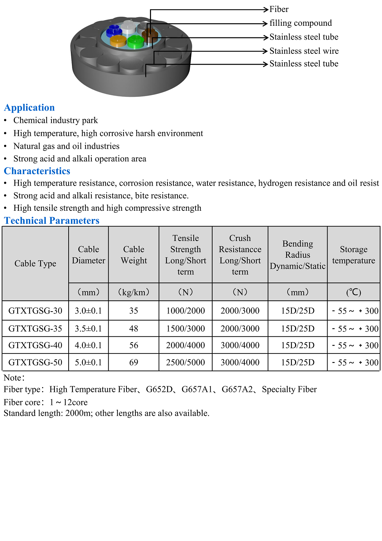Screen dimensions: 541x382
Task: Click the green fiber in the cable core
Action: pyautogui.click(x=135, y=41)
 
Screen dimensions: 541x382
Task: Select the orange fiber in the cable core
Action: pyautogui.click(x=118, y=40)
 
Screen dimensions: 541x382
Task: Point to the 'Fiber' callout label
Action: pyautogui.click(x=279, y=9)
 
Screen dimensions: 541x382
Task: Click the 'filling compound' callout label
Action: pyautogui.click(x=300, y=23)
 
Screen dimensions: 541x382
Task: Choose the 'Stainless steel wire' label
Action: pyautogui.click(x=304, y=51)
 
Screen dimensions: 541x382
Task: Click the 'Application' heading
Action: pyautogui.click(x=29, y=108)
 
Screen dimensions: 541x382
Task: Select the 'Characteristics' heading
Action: pyautogui.click(x=37, y=171)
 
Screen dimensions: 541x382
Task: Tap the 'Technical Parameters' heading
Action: pyautogui.click(x=52, y=220)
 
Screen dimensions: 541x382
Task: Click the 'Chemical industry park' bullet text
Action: pyautogui.click(x=56, y=120)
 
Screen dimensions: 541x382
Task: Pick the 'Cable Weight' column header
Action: pyautogui.click(x=134, y=255)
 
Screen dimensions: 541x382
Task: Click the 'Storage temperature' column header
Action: pyautogui.click(x=353, y=255)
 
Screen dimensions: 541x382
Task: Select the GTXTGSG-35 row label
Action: pyautogui.click(x=35, y=328)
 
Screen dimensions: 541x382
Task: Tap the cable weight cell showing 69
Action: pyautogui.click(x=134, y=362)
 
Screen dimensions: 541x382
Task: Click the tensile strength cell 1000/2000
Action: pyautogui.click(x=185, y=311)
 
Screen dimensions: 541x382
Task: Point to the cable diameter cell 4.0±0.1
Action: pyautogui.click(x=88, y=345)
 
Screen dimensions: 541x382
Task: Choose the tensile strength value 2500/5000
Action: pyautogui.click(x=185, y=362)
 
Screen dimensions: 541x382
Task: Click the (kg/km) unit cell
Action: pyautogui.click(x=134, y=292)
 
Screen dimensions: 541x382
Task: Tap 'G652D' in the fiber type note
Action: pyautogui.click(x=159, y=390)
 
